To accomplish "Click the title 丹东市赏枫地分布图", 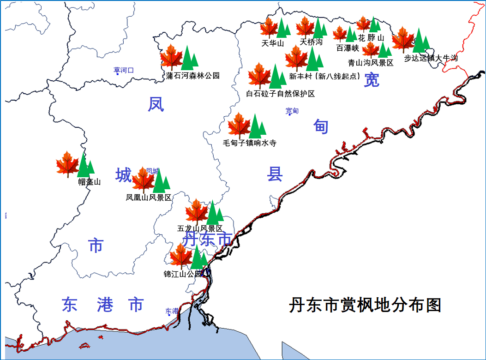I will pyautogui.click(x=365, y=306).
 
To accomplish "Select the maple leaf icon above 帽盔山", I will pyautogui.click(x=67, y=164).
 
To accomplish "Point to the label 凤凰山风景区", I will pyautogui.click(x=149, y=198).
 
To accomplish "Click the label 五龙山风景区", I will pyautogui.click(x=200, y=228).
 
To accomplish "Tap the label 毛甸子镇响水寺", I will pyautogui.click(x=249, y=143).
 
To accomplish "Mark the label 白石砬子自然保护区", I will pyautogui.click(x=280, y=94).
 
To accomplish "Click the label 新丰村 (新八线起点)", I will pyautogui.click(x=324, y=77).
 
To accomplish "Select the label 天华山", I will pyautogui.click(x=272, y=43).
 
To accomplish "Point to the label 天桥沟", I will pyautogui.click(x=311, y=42).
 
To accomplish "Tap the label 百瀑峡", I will pyautogui.click(x=347, y=48).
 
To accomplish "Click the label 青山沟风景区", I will pyautogui.click(x=371, y=63).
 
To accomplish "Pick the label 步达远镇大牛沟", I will pyautogui.click(x=430, y=59).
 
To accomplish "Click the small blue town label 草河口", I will pyautogui.click(x=123, y=70).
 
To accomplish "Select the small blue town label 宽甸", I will pyautogui.click(x=292, y=111).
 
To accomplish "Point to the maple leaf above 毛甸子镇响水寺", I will pyautogui.click(x=239, y=125).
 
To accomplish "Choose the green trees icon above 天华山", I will pyautogui.click(x=283, y=28).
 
